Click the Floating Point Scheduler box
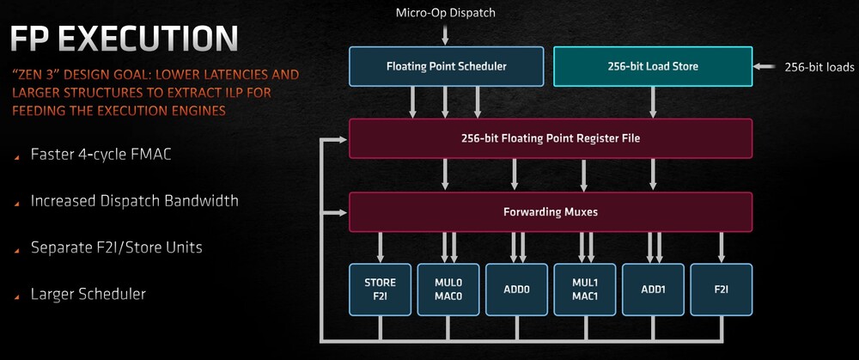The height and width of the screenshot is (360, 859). pos(446,66)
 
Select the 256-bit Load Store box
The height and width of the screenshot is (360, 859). pos(653,66)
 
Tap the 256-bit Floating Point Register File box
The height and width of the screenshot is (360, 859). pos(551,138)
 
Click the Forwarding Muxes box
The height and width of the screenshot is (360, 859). pos(551,211)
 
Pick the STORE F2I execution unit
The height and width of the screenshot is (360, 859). pos(380,290)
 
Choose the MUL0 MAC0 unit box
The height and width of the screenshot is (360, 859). pos(448,290)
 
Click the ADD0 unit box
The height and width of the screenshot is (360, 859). pos(516,290)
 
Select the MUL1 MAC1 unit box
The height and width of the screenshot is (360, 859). pos(584,290)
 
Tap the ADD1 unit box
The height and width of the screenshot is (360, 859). pos(653,290)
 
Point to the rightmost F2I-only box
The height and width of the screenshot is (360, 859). pos(721,290)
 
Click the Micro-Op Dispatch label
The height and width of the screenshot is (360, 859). pos(445,12)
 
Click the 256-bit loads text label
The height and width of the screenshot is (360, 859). pos(819,67)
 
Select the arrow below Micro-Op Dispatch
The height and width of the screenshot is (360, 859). pos(445,34)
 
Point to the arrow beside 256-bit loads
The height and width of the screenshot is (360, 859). pos(765,67)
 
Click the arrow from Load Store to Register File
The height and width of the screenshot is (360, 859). pos(653,102)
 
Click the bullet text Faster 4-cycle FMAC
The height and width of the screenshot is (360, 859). pos(101,155)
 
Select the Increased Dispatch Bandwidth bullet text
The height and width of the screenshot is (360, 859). pos(134,201)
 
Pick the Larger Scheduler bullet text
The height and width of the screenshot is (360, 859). pos(88,294)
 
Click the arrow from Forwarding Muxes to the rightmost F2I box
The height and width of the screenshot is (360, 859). pos(721,247)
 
